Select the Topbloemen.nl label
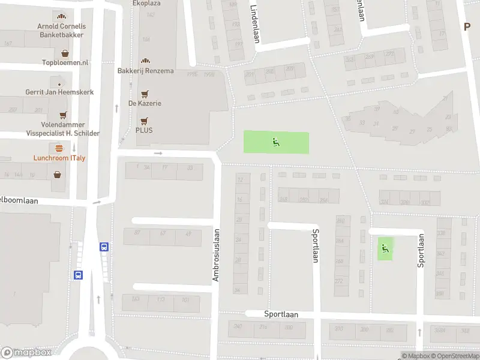[x=65, y=62]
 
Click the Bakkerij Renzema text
[x=145, y=71]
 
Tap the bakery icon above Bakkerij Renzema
[x=145, y=61]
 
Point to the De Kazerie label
[x=145, y=103]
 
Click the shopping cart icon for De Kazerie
[x=145, y=94]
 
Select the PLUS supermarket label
[x=144, y=130]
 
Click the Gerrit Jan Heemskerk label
[x=59, y=92]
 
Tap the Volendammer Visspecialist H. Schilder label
[x=62, y=129]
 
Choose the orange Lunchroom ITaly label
[x=58, y=158]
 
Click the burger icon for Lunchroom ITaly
[x=59, y=148]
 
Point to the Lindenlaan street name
[x=254, y=16]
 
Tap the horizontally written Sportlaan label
[x=281, y=314]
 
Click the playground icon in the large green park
[x=276, y=142]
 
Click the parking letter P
[x=467, y=26]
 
